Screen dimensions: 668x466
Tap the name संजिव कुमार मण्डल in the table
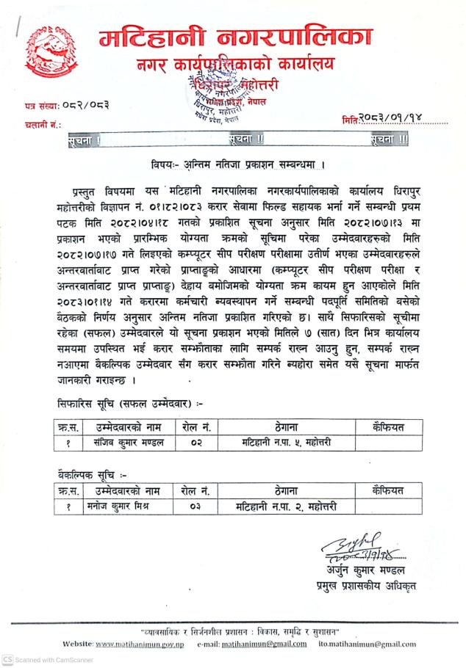click(124, 443)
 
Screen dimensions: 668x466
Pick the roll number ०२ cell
click(196, 443)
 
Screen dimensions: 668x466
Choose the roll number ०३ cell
click(196, 507)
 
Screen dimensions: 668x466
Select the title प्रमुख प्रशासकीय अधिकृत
click(362, 584)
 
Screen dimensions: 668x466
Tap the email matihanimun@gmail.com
click(265, 644)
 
